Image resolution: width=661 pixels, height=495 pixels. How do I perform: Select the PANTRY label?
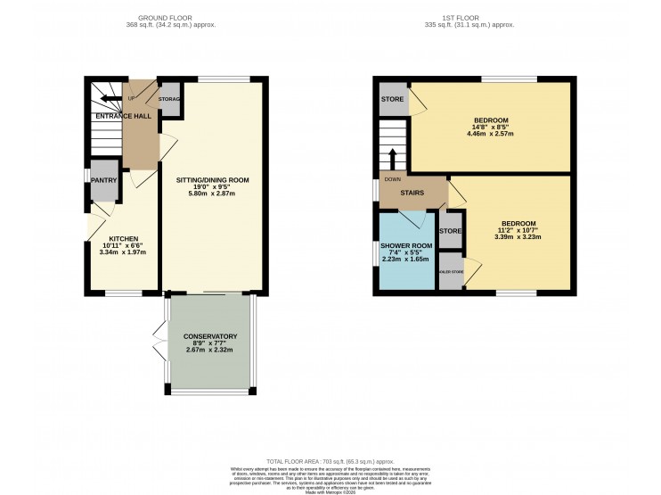tap(104, 180)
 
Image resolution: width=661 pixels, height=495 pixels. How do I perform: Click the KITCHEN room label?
tap(124, 239)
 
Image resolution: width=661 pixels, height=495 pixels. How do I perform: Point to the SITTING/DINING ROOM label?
tap(212, 179)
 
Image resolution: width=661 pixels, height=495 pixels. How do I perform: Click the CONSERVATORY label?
tap(210, 336)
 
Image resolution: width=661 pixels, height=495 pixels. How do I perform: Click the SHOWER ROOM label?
tap(406, 245)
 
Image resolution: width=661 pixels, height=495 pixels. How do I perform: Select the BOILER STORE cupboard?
tap(452, 271)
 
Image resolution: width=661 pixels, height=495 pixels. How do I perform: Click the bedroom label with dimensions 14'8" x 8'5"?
tap(491, 120)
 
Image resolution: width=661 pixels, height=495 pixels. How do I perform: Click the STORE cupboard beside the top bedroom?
tap(393, 99)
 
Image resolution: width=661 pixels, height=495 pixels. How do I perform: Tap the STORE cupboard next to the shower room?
tap(451, 232)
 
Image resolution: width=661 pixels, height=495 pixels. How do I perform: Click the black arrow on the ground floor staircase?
tap(111, 99)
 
